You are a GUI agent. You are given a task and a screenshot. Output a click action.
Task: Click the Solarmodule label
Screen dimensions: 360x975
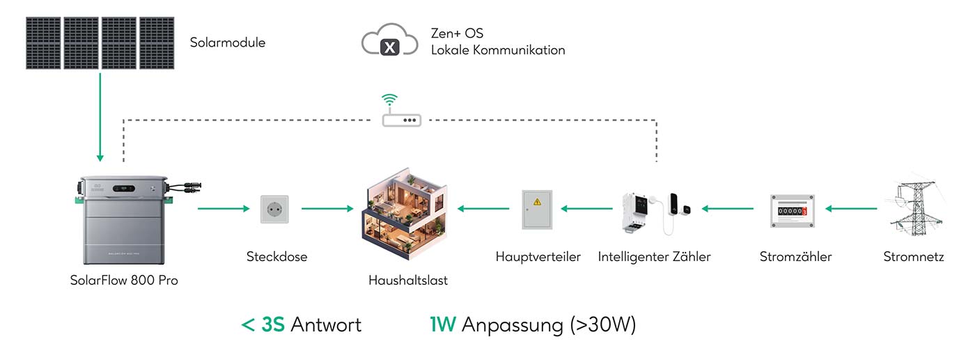(x=227, y=42)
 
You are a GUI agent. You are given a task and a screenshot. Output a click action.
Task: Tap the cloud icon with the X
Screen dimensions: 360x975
(x=390, y=42)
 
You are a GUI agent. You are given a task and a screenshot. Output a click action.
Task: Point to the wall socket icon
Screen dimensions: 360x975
(x=274, y=208)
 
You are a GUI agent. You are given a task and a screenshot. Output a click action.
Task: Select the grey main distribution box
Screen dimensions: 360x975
(x=537, y=209)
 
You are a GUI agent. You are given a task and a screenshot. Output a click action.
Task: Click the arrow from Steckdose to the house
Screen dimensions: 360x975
(x=327, y=208)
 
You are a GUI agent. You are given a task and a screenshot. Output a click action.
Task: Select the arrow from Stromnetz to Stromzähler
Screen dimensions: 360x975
(x=851, y=208)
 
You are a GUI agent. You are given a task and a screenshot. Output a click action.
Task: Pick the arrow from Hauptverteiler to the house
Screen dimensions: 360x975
(x=483, y=208)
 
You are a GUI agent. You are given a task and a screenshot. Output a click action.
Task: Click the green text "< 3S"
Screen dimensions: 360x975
(x=263, y=324)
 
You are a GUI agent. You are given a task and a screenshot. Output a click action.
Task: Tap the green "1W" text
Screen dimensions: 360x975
(x=442, y=324)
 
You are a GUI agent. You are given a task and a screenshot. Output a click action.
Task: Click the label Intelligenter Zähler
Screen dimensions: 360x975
(x=654, y=257)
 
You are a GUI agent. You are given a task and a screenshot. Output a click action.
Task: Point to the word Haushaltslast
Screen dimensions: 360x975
(x=408, y=281)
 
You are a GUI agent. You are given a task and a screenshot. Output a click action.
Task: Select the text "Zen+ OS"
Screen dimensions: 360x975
(x=457, y=33)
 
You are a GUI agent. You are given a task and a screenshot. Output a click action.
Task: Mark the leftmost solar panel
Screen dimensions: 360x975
(x=44, y=43)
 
